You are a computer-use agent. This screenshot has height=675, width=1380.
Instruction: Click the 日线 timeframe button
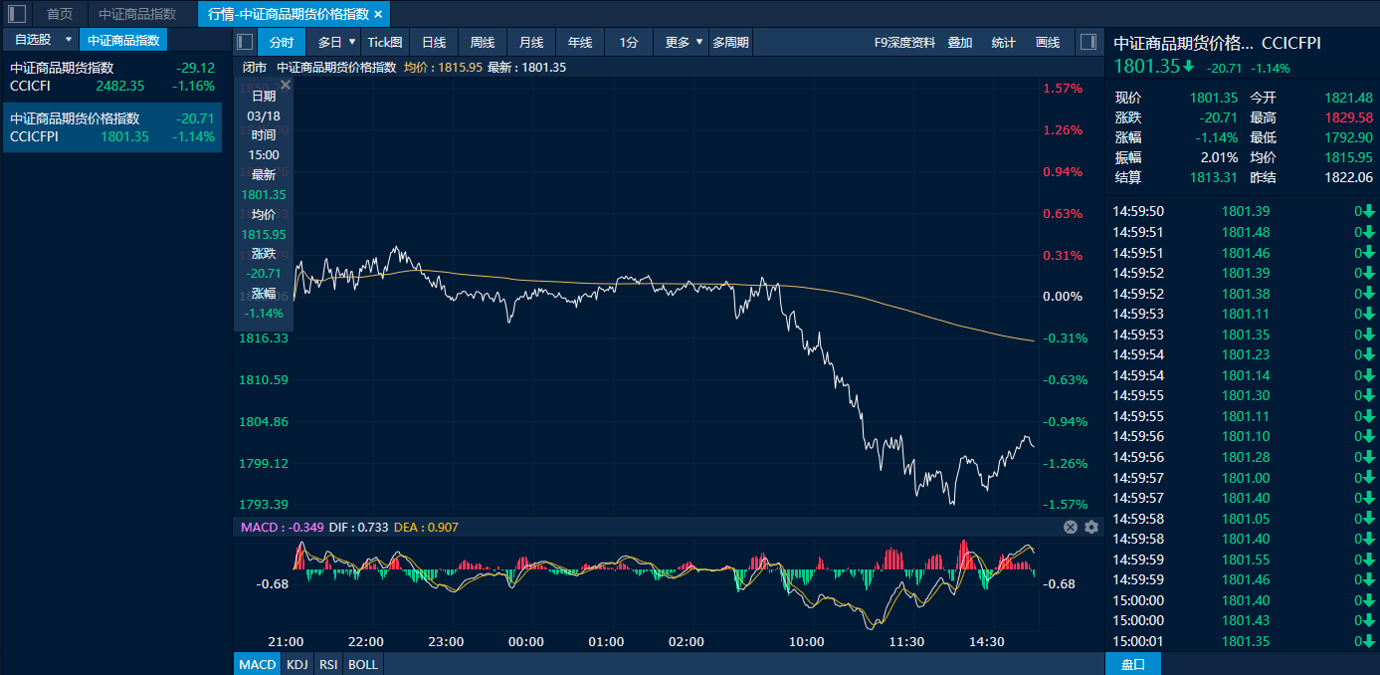(433, 42)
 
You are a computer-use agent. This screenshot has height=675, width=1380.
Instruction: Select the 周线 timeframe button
(483, 42)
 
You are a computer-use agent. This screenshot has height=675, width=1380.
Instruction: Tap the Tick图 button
(385, 42)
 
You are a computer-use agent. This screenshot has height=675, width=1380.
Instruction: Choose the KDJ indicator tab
(296, 664)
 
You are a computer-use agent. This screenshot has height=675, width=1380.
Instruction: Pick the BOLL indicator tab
(363, 664)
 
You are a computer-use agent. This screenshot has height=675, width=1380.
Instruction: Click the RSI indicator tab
(327, 664)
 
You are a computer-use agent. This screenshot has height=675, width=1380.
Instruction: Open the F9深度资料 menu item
(904, 42)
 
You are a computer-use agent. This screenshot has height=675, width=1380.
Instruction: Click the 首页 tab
(60, 14)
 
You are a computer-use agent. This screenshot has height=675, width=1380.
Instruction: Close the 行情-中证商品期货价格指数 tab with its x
(378, 14)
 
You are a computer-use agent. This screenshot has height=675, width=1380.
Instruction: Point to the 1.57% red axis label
(1062, 89)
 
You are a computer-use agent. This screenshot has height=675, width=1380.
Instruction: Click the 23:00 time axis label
(446, 642)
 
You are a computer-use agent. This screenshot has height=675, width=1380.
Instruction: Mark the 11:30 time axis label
(906, 642)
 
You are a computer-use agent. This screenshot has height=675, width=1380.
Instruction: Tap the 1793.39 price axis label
(264, 505)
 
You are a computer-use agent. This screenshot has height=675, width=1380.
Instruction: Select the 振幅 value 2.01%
(1219, 157)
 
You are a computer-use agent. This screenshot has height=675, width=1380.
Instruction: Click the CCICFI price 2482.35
(120, 87)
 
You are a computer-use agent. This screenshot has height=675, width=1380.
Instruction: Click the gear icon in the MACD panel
(1091, 528)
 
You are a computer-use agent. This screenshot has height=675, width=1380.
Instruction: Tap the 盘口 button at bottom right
(1133, 664)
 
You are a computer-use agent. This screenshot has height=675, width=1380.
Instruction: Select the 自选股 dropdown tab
(40, 40)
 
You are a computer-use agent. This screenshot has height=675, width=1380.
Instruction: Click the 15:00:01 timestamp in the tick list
(1138, 641)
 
